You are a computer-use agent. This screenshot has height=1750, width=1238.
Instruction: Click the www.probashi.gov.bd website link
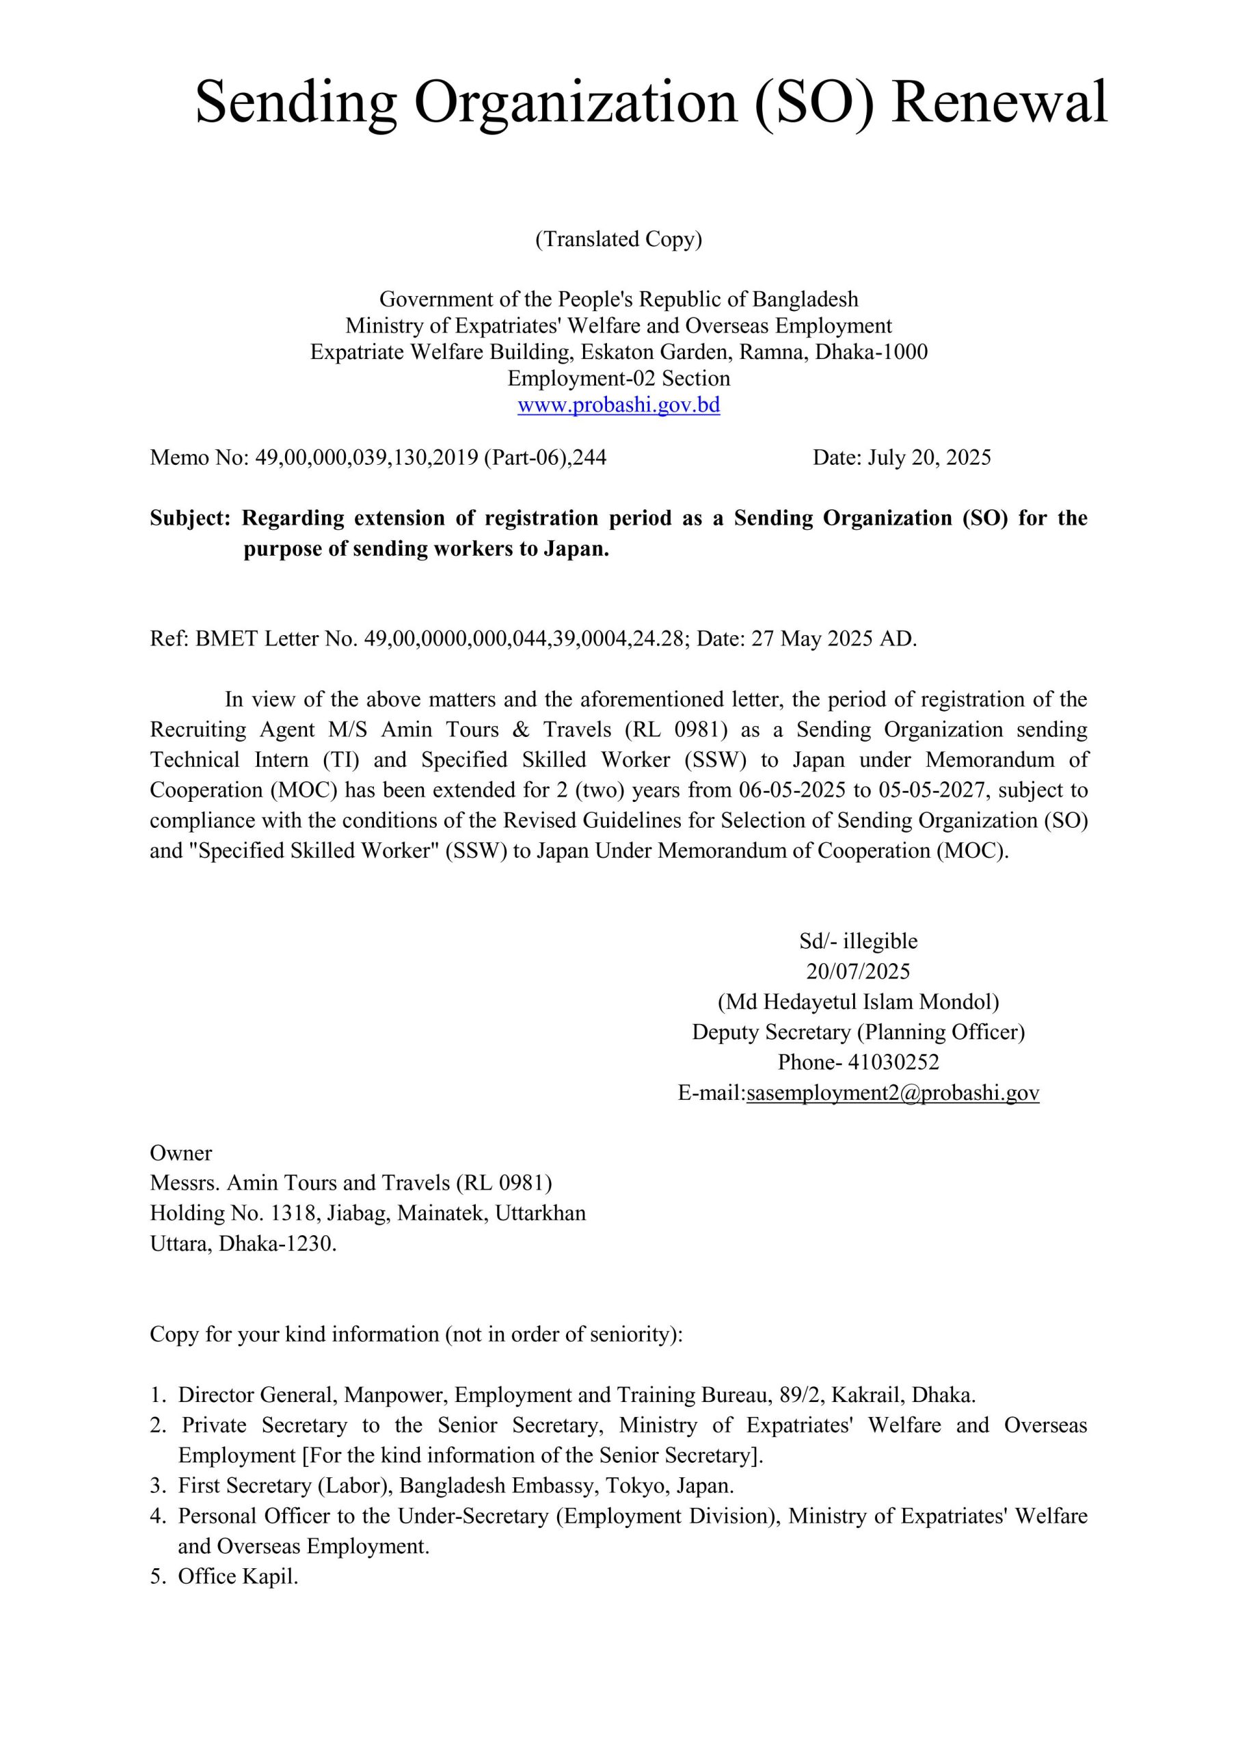(x=618, y=405)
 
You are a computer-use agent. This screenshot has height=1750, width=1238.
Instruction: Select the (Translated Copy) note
(x=618, y=239)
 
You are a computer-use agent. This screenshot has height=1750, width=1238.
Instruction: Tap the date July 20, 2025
(x=928, y=457)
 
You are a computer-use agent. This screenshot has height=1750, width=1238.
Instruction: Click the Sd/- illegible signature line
(x=859, y=941)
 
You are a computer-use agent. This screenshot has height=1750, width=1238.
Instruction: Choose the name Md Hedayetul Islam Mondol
(x=859, y=1001)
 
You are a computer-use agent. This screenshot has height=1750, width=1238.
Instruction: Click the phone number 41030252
(x=893, y=1062)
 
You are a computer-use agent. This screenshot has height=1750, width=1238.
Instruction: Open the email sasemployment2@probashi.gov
(x=893, y=1093)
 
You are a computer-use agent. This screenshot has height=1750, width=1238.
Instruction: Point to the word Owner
(x=180, y=1153)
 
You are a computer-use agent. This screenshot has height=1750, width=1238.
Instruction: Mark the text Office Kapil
(x=238, y=1576)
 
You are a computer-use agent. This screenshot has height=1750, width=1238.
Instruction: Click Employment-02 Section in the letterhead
(x=618, y=379)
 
